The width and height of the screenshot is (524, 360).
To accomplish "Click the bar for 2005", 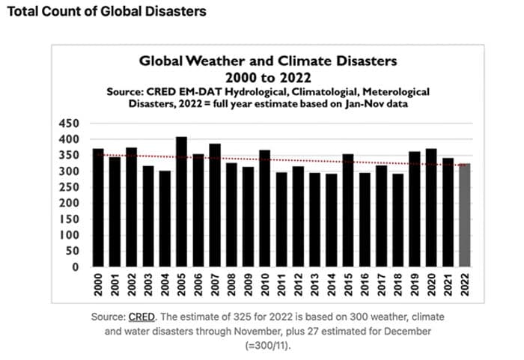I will click(x=181, y=202).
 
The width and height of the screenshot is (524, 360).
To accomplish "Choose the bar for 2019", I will click(x=415, y=209).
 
